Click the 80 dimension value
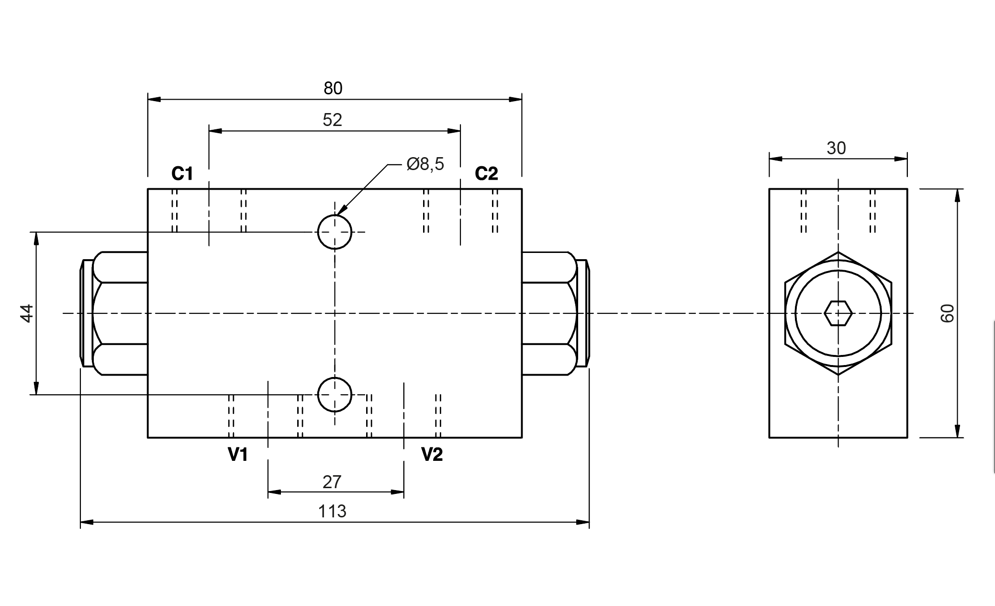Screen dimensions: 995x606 333,88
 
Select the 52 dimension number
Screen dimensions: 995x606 333,120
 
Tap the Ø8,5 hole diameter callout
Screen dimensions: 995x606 425,164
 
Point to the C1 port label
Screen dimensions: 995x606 182,173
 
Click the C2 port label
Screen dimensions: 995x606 486,173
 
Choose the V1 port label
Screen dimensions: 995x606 238,454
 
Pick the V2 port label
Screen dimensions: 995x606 432,454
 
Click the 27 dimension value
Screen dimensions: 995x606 332,482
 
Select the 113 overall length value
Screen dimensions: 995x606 332,512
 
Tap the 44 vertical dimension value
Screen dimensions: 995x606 27,313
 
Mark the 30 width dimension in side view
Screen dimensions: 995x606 836,149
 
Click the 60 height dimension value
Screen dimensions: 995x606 948,313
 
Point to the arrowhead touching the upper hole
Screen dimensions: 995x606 341,209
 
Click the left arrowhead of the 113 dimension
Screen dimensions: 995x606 87,522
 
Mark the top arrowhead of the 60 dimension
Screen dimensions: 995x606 957,195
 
